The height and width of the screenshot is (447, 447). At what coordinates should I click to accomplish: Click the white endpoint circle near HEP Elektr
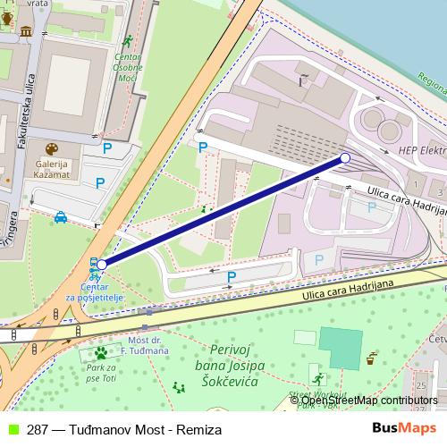(x=344, y=158)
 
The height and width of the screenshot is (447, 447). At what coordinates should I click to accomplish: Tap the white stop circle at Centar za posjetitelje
(x=102, y=265)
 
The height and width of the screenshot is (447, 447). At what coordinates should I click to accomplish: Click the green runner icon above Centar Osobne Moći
(x=128, y=40)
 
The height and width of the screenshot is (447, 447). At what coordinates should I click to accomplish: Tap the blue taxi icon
(x=60, y=216)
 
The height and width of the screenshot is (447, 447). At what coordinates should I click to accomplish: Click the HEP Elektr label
(x=421, y=151)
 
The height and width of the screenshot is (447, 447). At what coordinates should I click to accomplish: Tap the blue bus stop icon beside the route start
(x=93, y=264)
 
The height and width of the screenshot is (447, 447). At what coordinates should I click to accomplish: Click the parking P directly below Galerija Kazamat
(x=99, y=184)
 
